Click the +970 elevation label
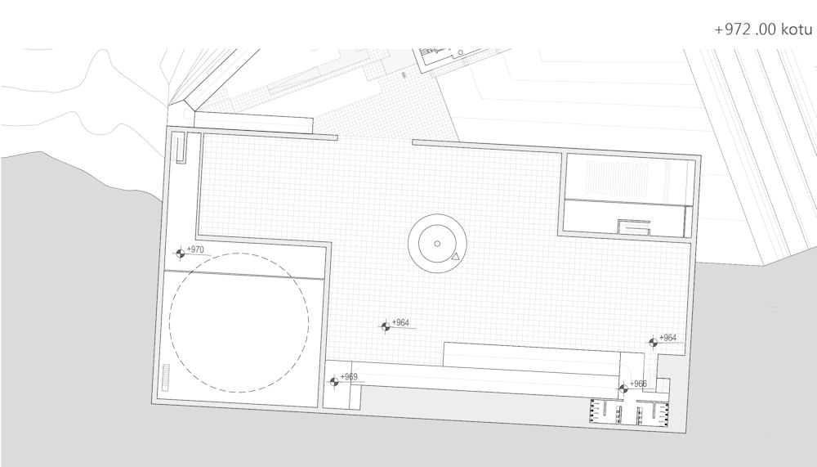195,250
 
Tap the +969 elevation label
349,377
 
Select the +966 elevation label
638,384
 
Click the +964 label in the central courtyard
400,323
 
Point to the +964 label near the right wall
668,338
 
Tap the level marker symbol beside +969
334,381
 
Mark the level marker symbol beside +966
623,388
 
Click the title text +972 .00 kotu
763,29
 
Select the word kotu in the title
797,29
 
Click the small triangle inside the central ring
455,256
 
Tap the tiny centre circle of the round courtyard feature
437,244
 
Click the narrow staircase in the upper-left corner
181,149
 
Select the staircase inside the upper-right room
634,227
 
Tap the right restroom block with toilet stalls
652,413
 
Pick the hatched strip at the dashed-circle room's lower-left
166,377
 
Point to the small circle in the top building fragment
461,52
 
